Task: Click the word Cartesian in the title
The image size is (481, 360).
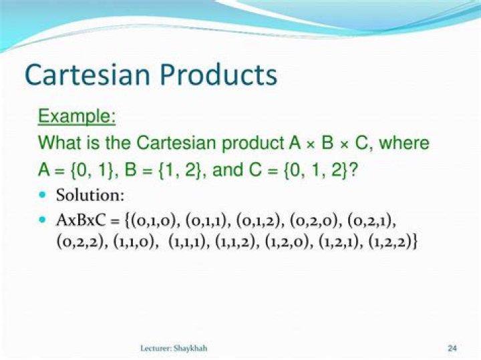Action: coord(88,75)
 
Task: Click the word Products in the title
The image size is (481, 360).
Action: coord(218,75)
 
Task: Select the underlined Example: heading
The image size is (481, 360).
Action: coord(77,117)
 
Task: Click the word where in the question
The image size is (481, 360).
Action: coord(404,143)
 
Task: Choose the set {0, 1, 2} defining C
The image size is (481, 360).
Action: coord(316,170)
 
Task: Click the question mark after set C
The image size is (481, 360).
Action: coord(353,170)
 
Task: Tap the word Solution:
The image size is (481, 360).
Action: coord(90,195)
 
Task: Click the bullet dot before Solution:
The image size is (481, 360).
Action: coord(43,195)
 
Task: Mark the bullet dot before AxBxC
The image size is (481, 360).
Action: coord(43,220)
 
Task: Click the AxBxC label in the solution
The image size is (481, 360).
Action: coord(81,220)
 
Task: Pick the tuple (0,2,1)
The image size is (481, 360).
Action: coord(369,221)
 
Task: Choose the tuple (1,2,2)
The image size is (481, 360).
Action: coord(390,242)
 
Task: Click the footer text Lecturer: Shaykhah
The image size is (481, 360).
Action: coord(174,349)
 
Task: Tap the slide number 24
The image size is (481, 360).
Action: coord(452,348)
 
